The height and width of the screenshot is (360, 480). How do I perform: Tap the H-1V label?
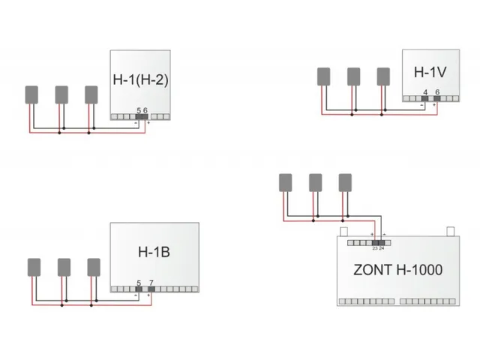[430, 72]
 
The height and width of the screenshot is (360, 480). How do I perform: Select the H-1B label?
[154, 252]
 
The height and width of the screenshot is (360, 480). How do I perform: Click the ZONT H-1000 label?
[397, 269]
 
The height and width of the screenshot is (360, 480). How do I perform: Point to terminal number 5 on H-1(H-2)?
[139, 110]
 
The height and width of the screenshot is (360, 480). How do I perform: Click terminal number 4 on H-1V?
[425, 91]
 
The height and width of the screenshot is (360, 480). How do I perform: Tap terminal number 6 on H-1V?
[437, 91]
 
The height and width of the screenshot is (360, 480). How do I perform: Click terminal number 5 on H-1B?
[139, 283]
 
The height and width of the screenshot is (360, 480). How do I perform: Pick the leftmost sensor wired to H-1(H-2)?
[32, 94]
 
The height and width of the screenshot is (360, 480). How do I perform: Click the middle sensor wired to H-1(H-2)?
[61, 94]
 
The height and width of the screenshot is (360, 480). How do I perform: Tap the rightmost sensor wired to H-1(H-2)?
[91, 94]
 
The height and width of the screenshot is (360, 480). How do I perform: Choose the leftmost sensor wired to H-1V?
[324, 76]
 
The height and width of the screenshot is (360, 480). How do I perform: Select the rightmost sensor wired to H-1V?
[383, 76]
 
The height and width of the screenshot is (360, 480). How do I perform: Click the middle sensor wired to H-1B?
[64, 267]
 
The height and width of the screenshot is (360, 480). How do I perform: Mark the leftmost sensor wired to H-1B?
[34, 267]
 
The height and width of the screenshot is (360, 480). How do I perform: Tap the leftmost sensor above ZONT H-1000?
[285, 181]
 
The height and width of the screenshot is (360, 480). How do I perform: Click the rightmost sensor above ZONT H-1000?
[344, 181]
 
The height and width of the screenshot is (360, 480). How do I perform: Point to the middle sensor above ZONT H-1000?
[315, 181]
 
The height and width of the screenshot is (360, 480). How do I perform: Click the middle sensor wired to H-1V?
[354, 76]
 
